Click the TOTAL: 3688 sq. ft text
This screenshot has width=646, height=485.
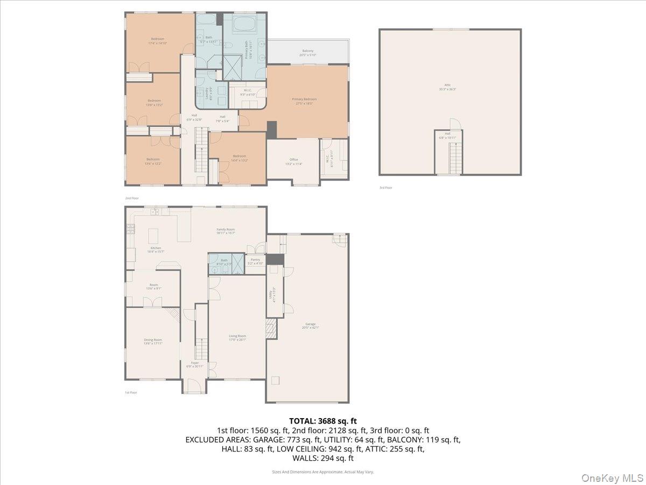(322, 421)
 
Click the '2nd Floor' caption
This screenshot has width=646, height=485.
(132, 198)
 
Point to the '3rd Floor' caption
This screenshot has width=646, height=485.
(385, 188)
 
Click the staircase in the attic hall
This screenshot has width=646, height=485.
(455, 158)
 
